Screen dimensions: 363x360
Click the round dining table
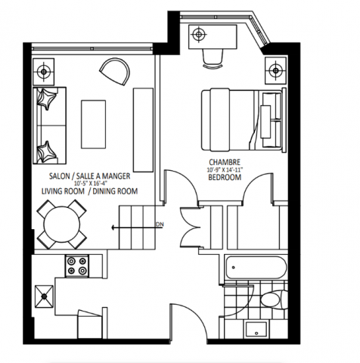[62, 224]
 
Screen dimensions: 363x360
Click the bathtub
[255, 266]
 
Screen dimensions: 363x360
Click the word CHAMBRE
[224, 163]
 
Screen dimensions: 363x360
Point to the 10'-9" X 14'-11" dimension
[225, 170]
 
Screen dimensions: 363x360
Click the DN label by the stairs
[160, 224]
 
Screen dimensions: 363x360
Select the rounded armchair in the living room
[115, 73]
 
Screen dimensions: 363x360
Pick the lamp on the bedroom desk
[199, 34]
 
